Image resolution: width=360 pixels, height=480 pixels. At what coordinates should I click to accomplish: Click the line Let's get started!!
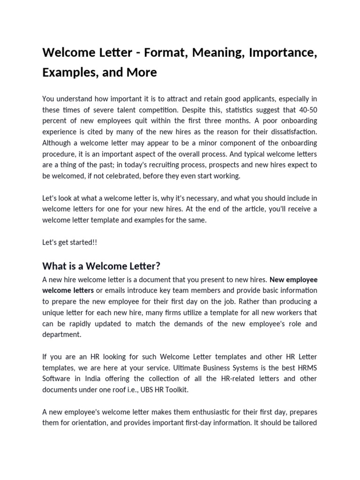pyautogui.click(x=70, y=242)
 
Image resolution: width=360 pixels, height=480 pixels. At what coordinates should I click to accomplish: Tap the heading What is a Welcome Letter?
pyautogui.click(x=101, y=266)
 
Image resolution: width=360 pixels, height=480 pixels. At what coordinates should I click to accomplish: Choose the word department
pyautogui.click(x=61, y=335)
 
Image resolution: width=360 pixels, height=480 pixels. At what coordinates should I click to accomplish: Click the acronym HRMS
pyautogui.click(x=307, y=367)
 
